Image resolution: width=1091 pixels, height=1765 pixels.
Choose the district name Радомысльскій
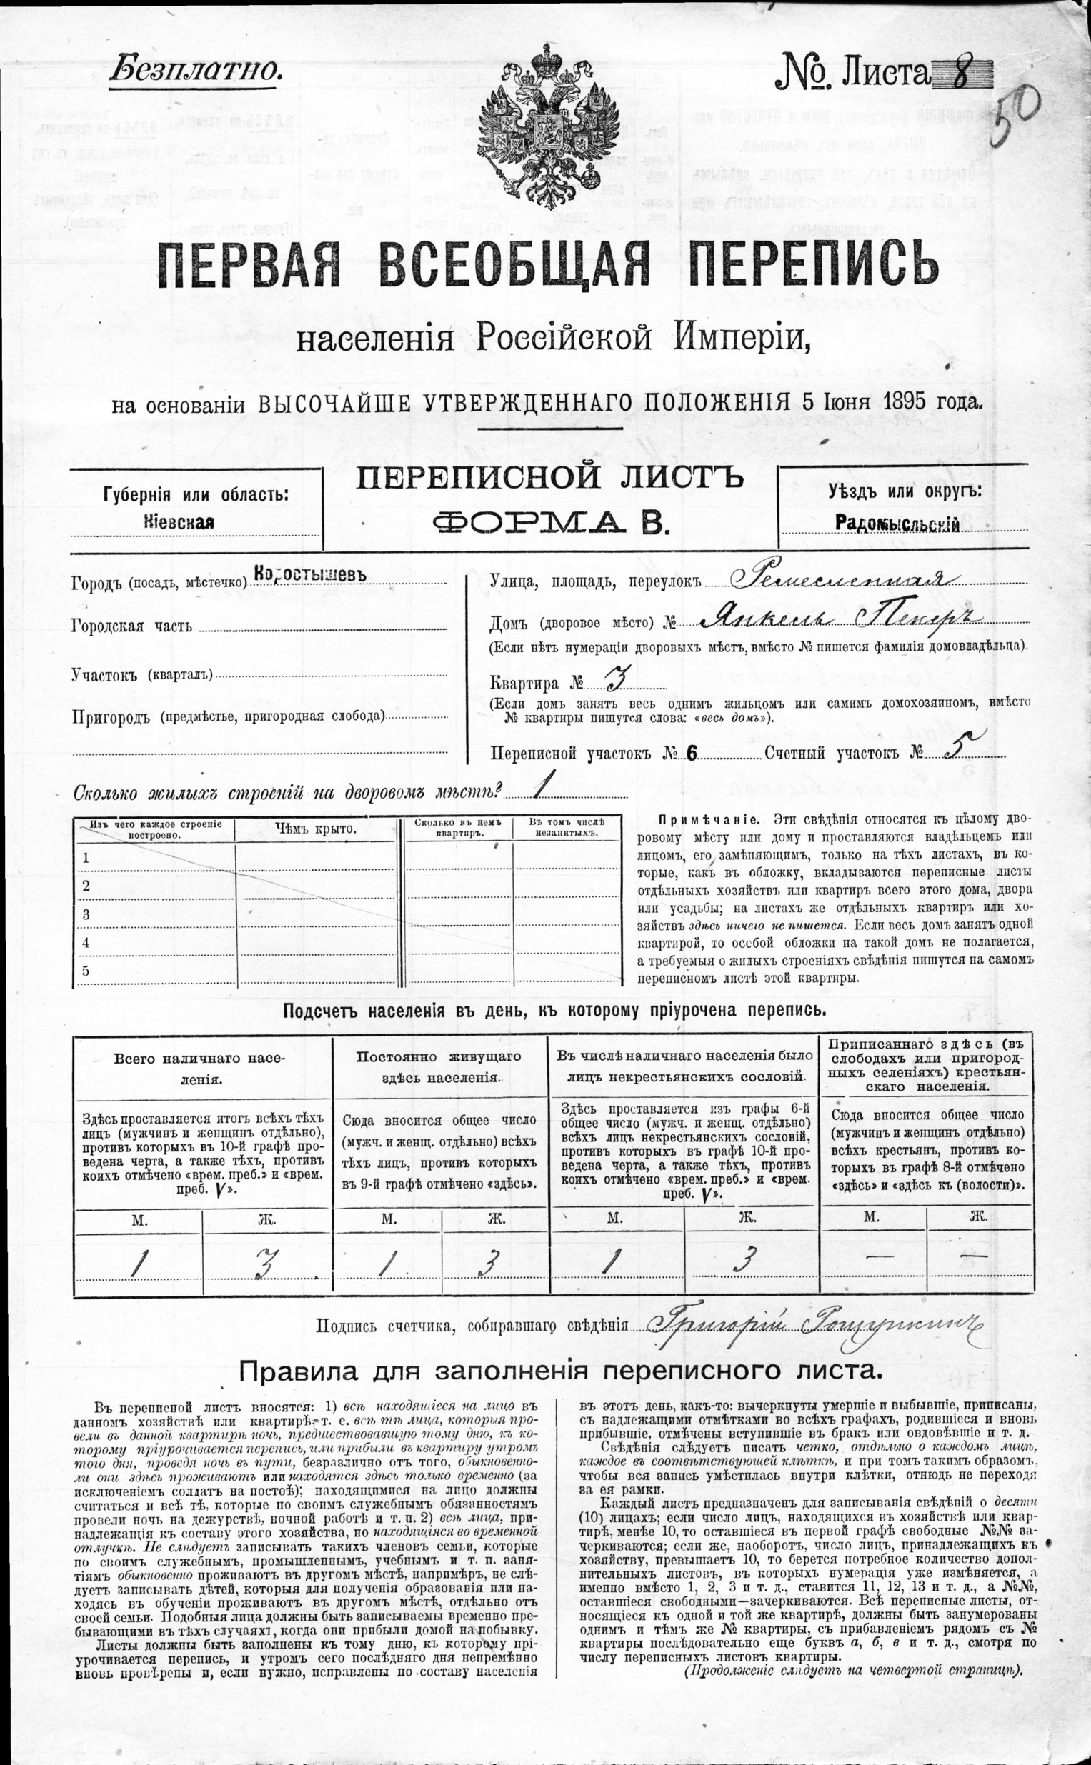[x=897, y=524]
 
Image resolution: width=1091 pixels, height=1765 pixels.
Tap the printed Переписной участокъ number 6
[x=692, y=754]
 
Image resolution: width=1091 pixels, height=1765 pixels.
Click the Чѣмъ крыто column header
[x=315, y=829]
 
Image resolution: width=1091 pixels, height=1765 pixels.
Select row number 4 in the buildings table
[x=86, y=942]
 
